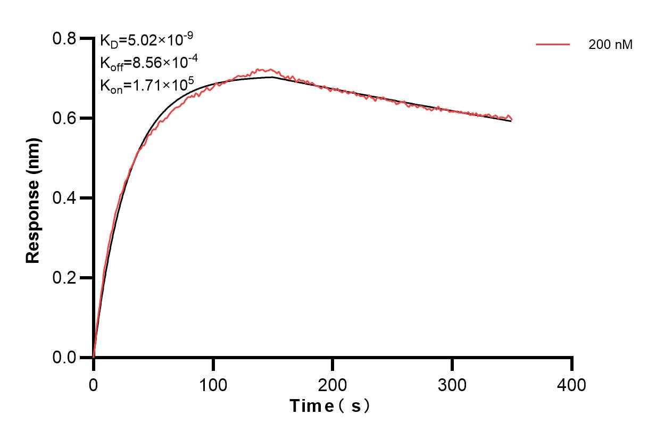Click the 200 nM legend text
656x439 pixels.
coord(610,45)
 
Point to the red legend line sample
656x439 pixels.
coord(553,45)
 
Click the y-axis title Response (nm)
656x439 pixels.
coord(33,198)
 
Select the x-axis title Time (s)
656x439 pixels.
coord(330,406)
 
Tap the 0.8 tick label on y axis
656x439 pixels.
coord(64,39)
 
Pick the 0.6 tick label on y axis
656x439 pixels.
coord(64,118)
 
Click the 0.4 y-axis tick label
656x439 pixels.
coord(64,198)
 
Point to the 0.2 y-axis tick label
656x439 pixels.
coord(64,278)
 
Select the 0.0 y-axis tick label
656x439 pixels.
coord(64,358)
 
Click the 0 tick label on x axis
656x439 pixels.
coord(94,384)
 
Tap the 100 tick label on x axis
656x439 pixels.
coord(213,384)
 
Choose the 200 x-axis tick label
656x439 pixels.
coord(333,384)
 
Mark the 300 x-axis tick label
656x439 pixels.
coord(452,384)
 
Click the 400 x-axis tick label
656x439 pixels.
coord(572,384)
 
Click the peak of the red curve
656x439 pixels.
coord(259,69)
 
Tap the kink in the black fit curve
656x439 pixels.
coord(272,77)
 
